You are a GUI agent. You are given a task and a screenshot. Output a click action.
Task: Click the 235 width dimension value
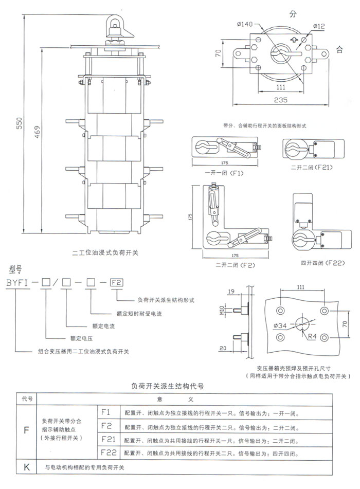click(280, 100)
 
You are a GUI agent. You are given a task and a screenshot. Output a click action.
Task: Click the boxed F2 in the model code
click(117, 282)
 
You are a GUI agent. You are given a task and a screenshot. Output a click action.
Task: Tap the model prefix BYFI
click(19, 282)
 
